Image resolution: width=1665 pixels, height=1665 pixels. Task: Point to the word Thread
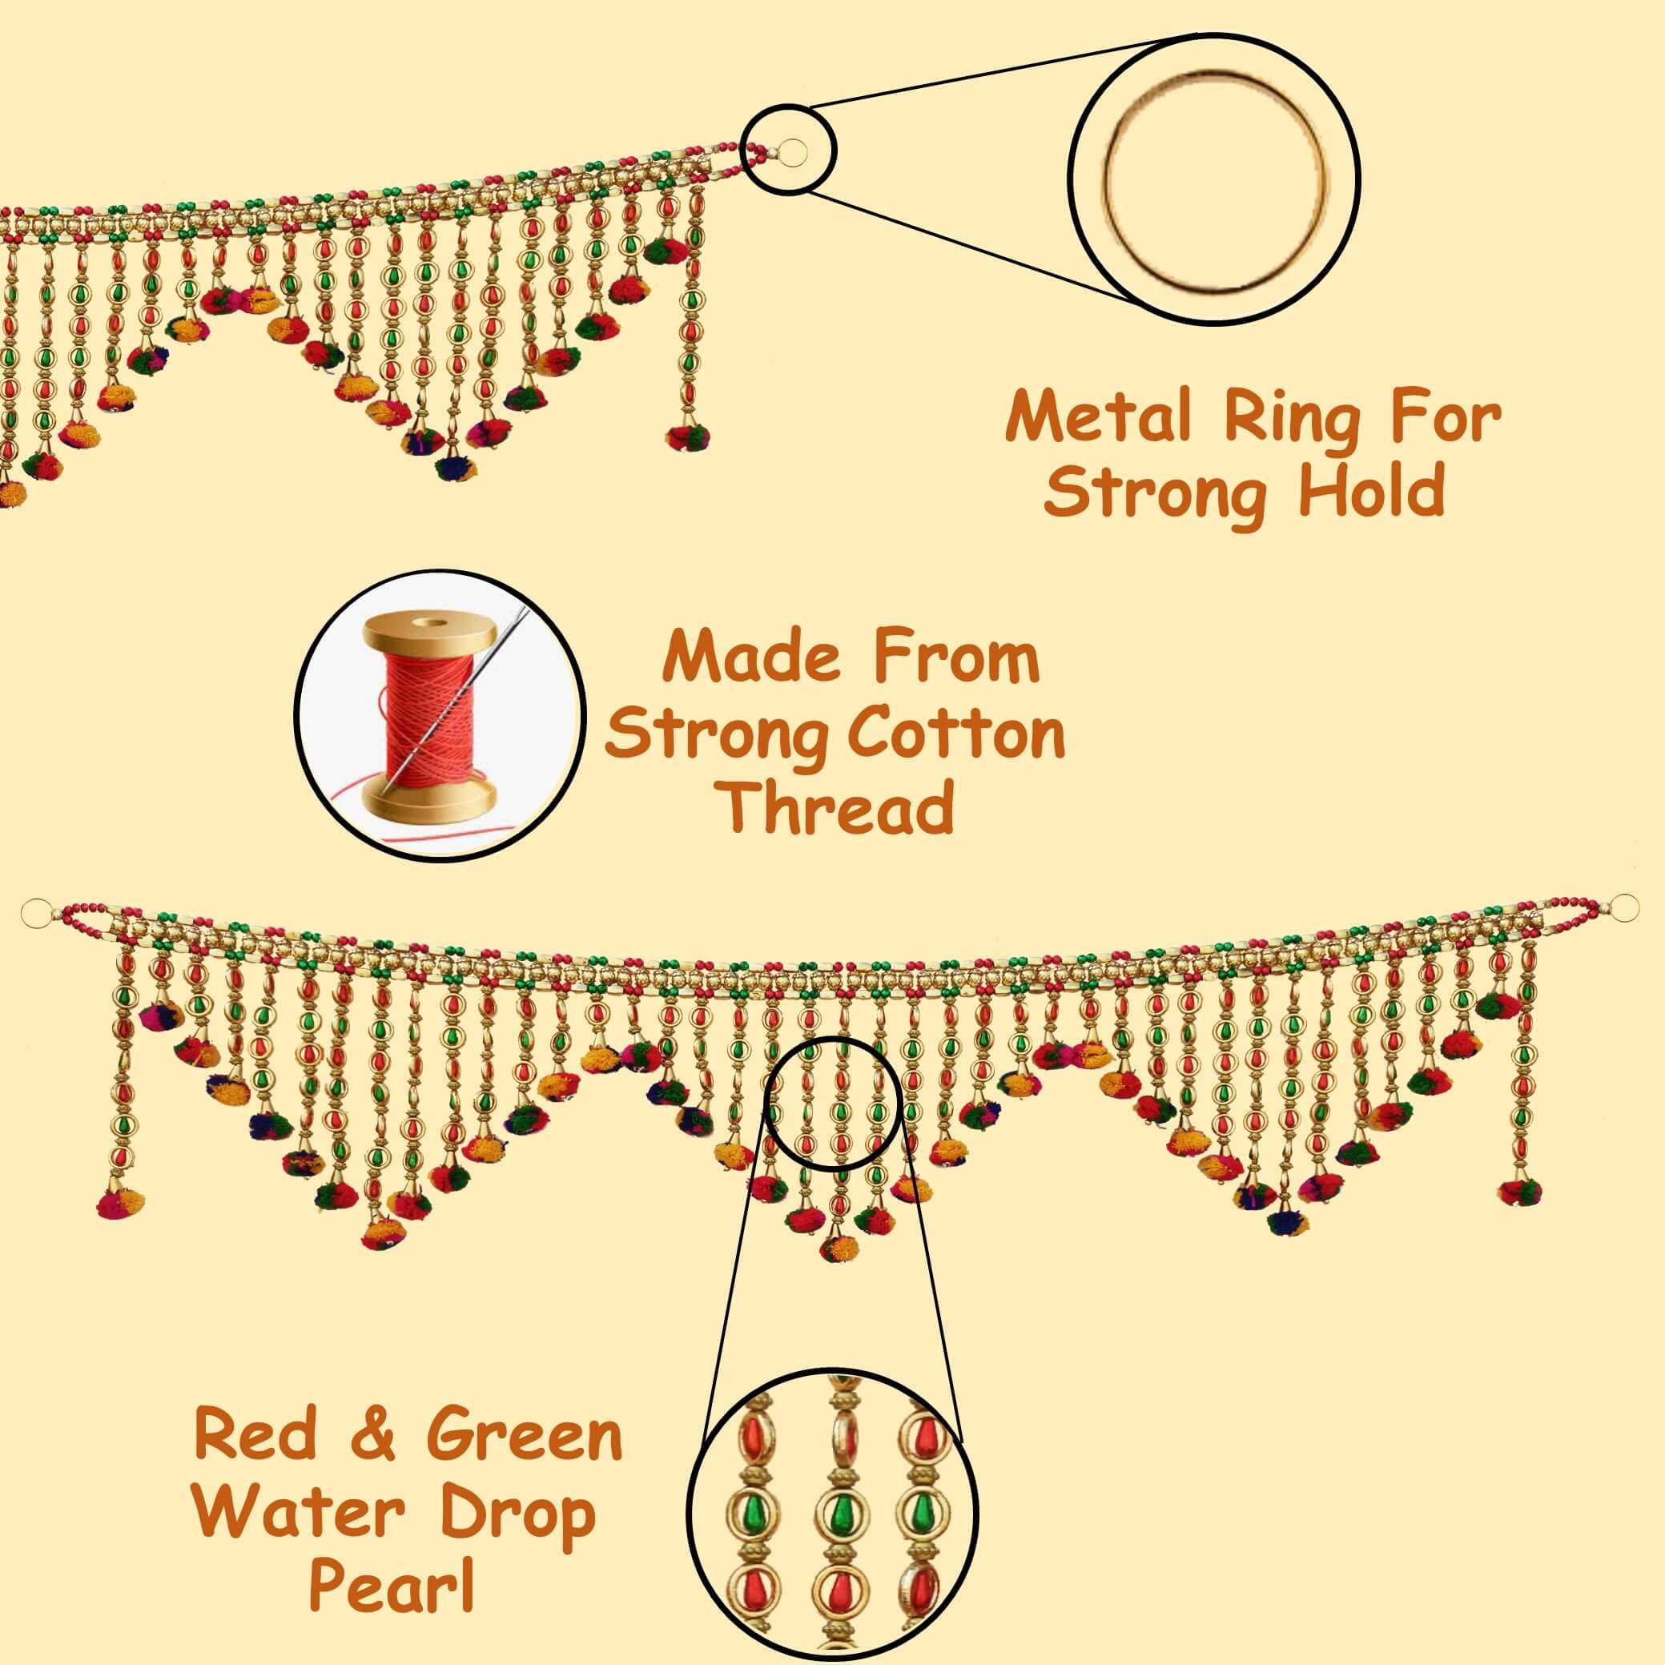tap(838, 807)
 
